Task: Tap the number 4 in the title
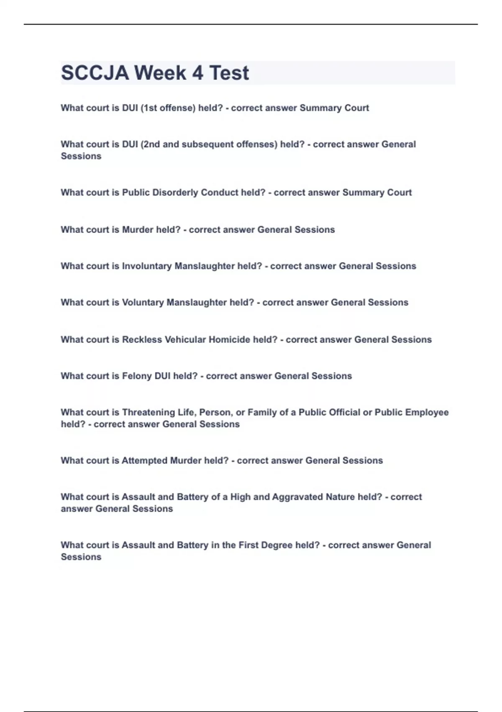click(x=197, y=73)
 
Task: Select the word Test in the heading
click(x=229, y=73)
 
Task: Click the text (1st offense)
click(x=168, y=108)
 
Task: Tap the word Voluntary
click(x=143, y=302)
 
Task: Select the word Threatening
click(x=148, y=413)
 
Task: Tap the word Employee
click(x=427, y=413)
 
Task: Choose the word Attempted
click(x=144, y=461)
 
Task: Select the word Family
click(x=262, y=413)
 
